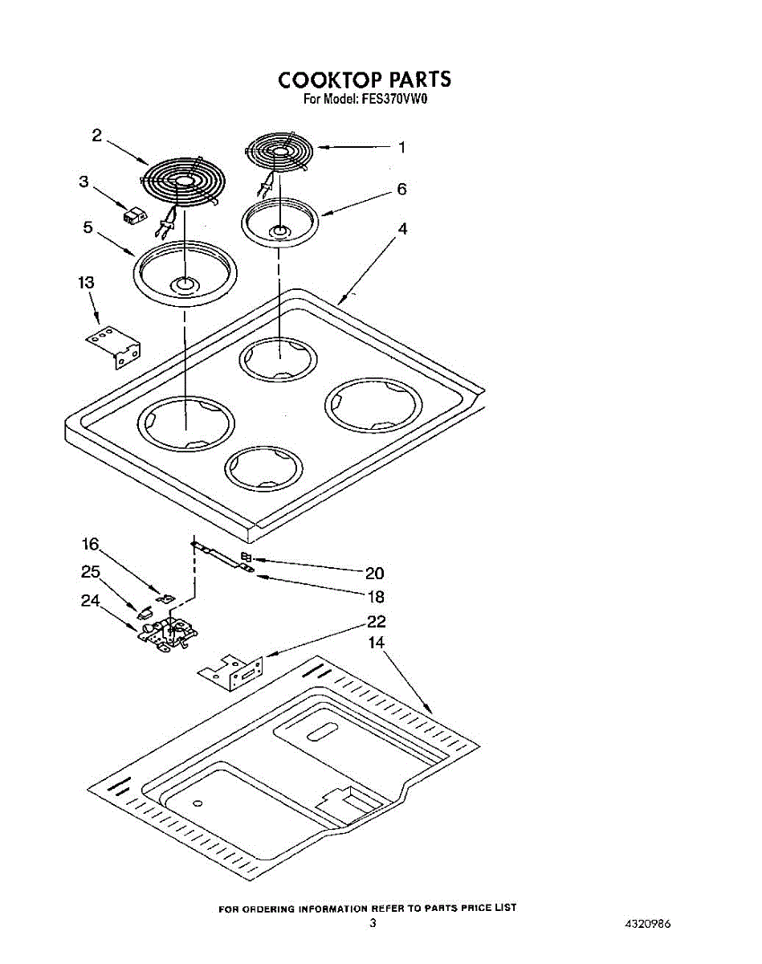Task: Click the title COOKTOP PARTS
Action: pyautogui.click(x=365, y=80)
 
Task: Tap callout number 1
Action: pyautogui.click(x=401, y=148)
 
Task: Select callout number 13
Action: pyautogui.click(x=86, y=283)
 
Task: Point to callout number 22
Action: pyautogui.click(x=376, y=621)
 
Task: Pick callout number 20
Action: pyautogui.click(x=375, y=574)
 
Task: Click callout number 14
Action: pyautogui.click(x=376, y=643)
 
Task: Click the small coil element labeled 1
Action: pyautogui.click(x=279, y=152)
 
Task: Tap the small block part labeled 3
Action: pyautogui.click(x=135, y=214)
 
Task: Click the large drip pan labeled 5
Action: pyautogui.click(x=185, y=273)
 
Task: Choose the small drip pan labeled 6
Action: pyautogui.click(x=279, y=220)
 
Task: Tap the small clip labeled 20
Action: pyautogui.click(x=246, y=558)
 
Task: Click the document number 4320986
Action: pyautogui.click(x=647, y=924)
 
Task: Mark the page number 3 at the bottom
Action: pyautogui.click(x=373, y=924)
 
